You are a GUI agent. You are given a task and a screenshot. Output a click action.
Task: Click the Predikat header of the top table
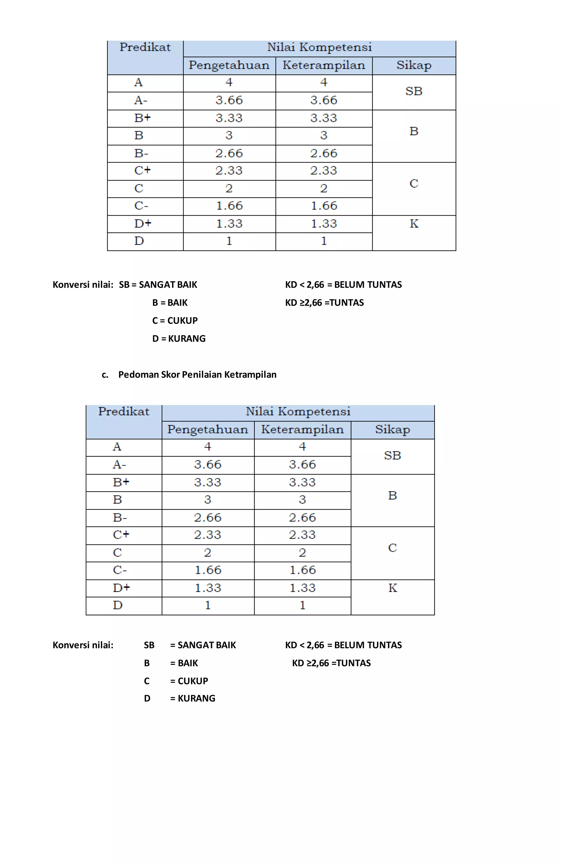(x=145, y=47)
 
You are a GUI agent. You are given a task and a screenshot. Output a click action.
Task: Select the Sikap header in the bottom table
(x=392, y=429)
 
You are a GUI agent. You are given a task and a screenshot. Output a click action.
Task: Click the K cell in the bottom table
(x=392, y=588)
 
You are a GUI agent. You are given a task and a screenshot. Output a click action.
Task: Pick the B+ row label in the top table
(x=142, y=118)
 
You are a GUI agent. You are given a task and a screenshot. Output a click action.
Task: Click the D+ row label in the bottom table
(x=121, y=588)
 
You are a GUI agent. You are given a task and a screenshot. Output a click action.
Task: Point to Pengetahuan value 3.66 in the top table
(x=229, y=100)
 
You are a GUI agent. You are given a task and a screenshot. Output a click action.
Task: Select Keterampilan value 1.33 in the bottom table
(x=302, y=588)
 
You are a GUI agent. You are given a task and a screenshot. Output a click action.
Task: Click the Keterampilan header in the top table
(x=324, y=66)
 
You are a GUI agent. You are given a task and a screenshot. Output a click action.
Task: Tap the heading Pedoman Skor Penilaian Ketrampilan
(x=197, y=375)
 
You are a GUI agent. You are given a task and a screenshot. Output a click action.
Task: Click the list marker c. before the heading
(x=105, y=375)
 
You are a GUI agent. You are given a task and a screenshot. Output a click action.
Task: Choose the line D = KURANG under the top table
(x=179, y=339)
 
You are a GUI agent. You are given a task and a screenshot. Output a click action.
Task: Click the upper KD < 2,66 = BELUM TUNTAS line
(x=343, y=285)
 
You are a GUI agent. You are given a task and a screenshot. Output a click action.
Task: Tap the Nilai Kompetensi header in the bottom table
(x=298, y=412)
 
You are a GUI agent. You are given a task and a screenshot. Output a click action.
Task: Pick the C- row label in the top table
(x=141, y=206)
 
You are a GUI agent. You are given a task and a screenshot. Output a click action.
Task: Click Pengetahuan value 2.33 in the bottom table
(x=207, y=535)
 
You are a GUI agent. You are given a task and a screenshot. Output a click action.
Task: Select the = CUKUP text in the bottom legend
(x=189, y=681)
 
